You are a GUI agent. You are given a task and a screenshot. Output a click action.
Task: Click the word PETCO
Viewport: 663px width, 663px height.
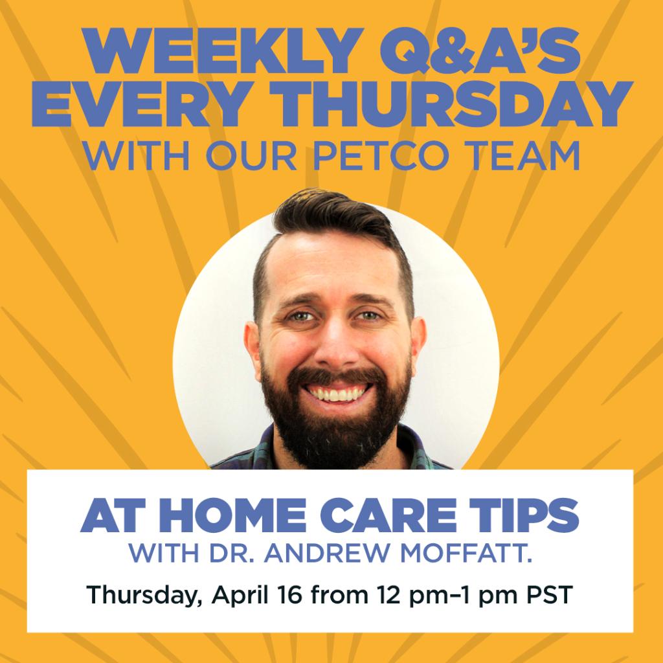pos(414,157)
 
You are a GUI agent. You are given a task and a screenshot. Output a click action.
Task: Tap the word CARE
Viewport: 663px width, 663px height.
pos(389,517)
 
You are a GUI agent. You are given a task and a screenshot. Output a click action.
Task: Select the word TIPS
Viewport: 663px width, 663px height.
pos(524,517)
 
